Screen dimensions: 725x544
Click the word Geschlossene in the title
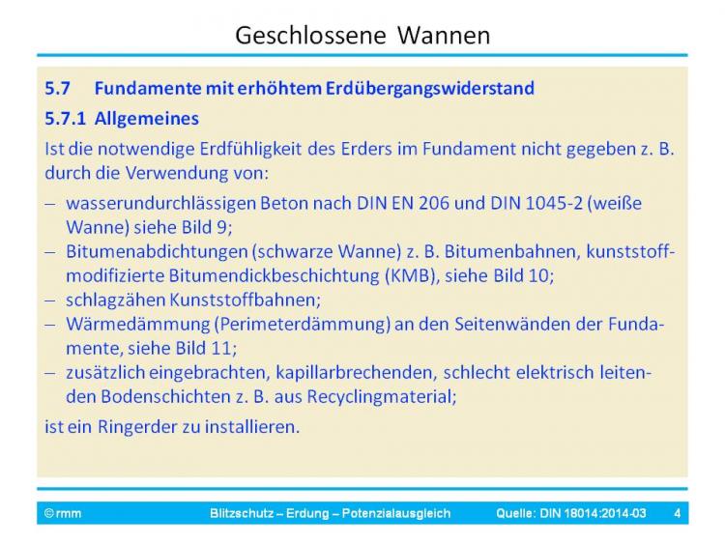point(310,36)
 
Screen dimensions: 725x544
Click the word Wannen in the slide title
point(444,35)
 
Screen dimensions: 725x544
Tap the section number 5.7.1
point(65,119)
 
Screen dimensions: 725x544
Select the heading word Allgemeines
point(147,119)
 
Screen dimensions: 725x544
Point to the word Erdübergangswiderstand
point(430,88)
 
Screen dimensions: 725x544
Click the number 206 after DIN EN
point(434,203)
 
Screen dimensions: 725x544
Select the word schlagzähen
point(116,300)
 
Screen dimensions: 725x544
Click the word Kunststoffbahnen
point(246,300)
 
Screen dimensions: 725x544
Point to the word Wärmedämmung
point(138,325)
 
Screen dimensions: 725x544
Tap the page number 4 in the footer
point(678,513)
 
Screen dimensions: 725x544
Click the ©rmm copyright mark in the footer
point(63,513)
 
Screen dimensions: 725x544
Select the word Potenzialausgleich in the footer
point(396,513)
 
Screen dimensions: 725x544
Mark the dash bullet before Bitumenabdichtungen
point(50,252)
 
